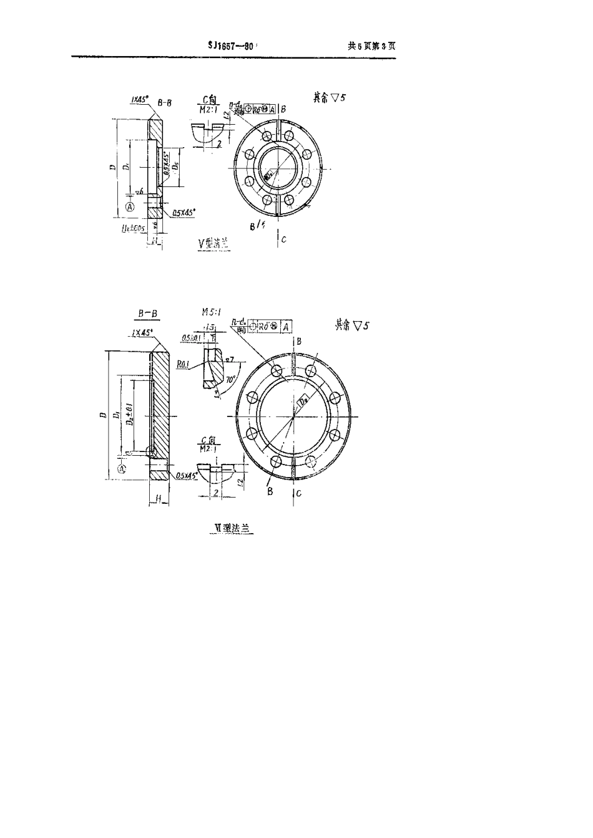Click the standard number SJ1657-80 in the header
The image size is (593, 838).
[x=231, y=46]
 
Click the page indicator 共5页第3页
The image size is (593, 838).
[x=372, y=46]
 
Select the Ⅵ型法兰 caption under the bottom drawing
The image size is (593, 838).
[x=232, y=527]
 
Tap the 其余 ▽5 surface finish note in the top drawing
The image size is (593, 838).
[x=329, y=98]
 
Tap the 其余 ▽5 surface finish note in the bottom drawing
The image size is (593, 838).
[x=352, y=325]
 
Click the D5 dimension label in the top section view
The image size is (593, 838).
[x=177, y=167]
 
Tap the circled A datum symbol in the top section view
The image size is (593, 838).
[x=130, y=206]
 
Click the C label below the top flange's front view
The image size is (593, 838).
[x=284, y=239]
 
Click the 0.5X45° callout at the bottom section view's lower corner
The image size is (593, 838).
[x=187, y=476]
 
